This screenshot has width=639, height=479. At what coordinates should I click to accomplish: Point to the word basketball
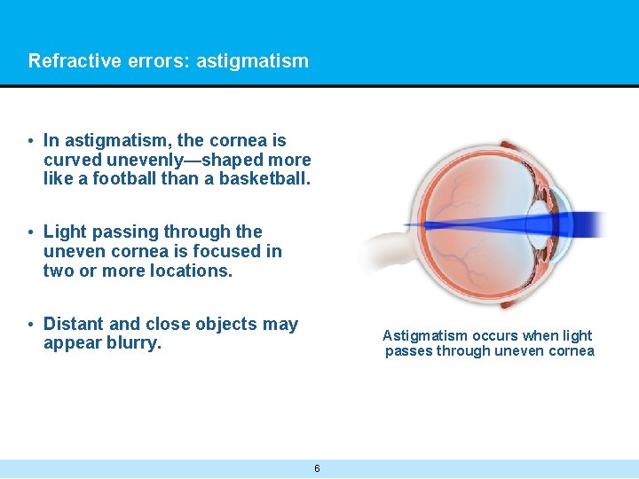(264, 179)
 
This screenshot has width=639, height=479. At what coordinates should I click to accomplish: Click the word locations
(187, 271)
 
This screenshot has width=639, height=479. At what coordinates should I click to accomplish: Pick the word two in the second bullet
(58, 271)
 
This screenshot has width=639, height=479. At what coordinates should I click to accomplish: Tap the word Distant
(75, 324)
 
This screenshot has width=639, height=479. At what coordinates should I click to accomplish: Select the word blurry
(134, 343)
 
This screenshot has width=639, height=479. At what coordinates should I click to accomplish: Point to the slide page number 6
(317, 468)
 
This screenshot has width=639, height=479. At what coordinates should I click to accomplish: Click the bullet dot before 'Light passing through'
(30, 232)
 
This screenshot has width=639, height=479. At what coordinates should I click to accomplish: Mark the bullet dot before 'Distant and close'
(30, 325)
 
